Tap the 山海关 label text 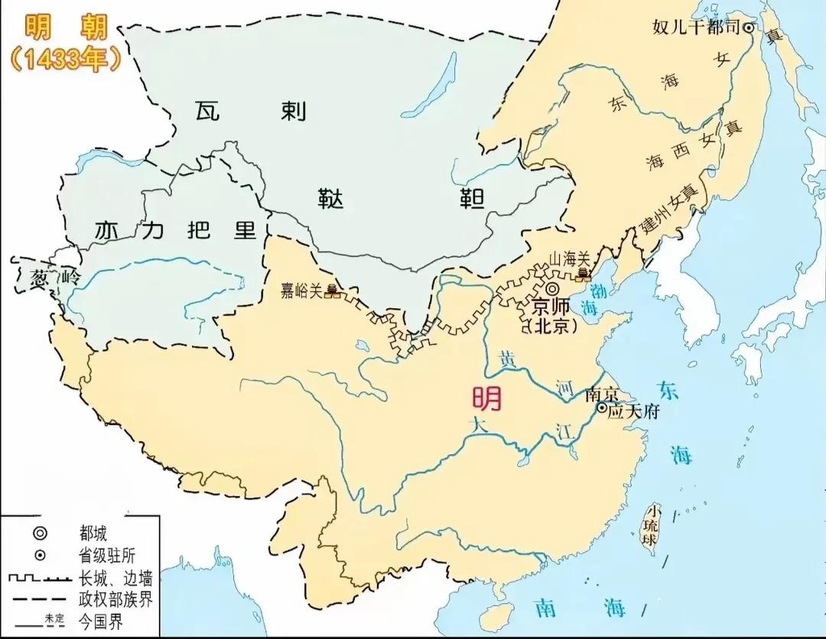566,261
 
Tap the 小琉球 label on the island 652,524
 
